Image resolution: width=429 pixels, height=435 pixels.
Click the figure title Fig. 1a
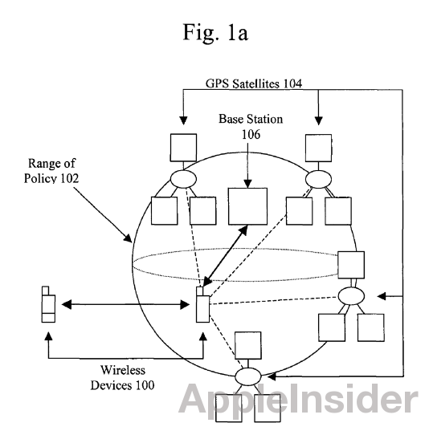(x=215, y=33)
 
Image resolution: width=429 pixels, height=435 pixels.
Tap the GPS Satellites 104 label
(x=254, y=83)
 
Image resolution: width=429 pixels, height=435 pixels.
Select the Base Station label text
(x=251, y=119)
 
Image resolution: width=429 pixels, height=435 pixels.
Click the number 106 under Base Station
(x=251, y=135)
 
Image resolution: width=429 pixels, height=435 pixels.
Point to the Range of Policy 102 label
(x=51, y=170)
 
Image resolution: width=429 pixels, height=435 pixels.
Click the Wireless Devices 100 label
(x=122, y=377)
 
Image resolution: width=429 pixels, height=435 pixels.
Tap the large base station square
(x=247, y=206)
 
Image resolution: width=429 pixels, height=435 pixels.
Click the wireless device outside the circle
(x=48, y=304)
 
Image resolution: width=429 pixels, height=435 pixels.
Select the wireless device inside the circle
(x=202, y=305)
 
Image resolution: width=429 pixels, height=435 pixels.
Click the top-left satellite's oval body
(x=183, y=179)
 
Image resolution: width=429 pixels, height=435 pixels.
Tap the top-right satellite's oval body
(x=318, y=179)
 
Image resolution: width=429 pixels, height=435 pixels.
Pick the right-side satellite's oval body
(x=351, y=296)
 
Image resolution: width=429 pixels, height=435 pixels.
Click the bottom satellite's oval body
(x=248, y=376)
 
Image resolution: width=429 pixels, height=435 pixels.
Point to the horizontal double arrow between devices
(x=125, y=305)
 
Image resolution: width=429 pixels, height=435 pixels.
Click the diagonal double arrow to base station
(x=226, y=256)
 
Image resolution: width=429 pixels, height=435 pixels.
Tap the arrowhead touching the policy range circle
(x=128, y=238)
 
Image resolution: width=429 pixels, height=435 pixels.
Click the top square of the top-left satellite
(x=183, y=148)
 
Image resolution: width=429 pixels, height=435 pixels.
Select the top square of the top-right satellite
(x=318, y=148)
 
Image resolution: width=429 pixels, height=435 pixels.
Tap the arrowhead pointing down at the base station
(x=247, y=183)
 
